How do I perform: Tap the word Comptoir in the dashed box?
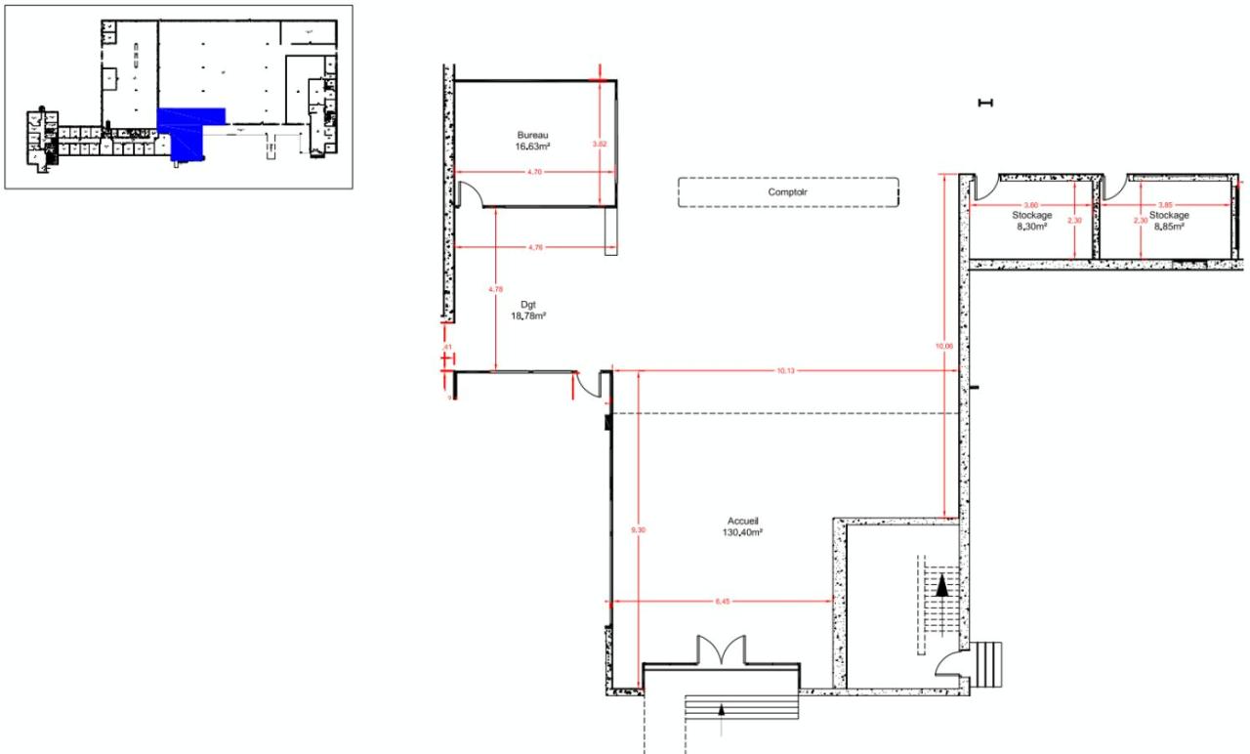(x=787, y=192)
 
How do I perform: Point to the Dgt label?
(x=527, y=305)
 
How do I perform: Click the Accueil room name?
(x=743, y=522)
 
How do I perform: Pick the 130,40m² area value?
(x=743, y=533)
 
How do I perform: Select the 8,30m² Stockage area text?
(x=1031, y=226)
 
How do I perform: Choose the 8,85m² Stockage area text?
(x=1169, y=226)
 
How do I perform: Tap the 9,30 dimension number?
(x=639, y=529)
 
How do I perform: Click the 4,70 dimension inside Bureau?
(x=534, y=172)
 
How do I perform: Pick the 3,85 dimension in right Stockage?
(x=1165, y=204)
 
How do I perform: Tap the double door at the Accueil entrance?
(x=720, y=650)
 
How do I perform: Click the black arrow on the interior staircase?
(x=942, y=585)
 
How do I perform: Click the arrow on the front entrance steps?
(x=721, y=710)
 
